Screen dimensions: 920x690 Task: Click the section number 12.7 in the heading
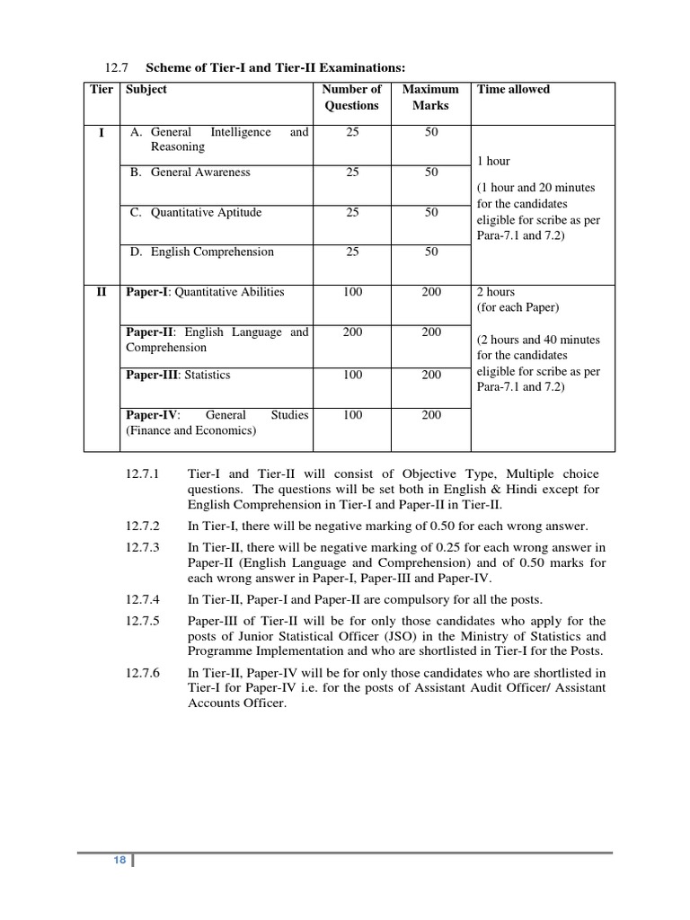pos(118,67)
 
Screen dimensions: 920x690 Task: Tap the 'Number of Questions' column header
pos(351,97)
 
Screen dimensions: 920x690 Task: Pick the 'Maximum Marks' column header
pos(430,97)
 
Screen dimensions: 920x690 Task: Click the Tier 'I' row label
pos(102,133)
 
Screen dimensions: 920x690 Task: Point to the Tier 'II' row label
pos(102,292)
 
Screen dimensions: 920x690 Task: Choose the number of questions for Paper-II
pos(352,332)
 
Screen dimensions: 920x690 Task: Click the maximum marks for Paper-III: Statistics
pos(431,376)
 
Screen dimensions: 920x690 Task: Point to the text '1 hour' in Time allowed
pos(492,162)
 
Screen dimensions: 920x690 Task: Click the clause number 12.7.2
pos(143,526)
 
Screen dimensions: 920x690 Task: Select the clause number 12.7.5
pos(143,621)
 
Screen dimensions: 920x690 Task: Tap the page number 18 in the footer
pos(119,861)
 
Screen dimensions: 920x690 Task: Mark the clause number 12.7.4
pos(143,599)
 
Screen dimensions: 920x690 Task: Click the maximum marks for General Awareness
pos(431,172)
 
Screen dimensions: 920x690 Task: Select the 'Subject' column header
pos(146,90)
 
